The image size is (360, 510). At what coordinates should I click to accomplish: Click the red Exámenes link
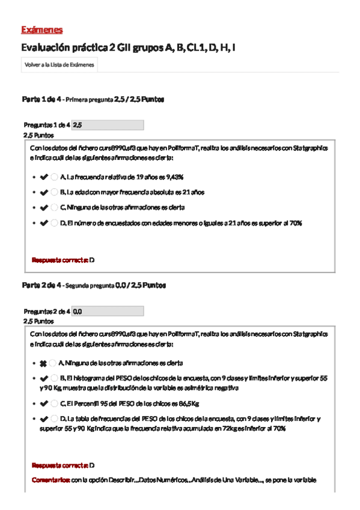click(41, 30)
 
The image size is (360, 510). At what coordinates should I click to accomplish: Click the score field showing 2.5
click(107, 125)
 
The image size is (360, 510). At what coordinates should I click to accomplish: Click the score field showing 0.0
click(107, 312)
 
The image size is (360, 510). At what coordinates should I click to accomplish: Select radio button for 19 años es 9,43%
click(55, 177)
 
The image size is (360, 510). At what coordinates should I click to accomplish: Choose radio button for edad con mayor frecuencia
click(55, 192)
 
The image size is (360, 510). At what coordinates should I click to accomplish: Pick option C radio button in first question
click(55, 207)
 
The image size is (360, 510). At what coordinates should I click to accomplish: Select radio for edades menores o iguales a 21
click(55, 223)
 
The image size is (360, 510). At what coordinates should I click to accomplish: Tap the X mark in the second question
click(43, 364)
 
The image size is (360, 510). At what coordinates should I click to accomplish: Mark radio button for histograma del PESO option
click(55, 378)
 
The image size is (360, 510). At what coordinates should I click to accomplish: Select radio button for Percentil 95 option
click(55, 404)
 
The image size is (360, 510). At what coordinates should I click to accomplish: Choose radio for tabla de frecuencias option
click(55, 419)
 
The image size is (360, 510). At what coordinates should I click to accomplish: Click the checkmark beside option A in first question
click(43, 177)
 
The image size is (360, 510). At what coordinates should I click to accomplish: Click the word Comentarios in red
click(50, 480)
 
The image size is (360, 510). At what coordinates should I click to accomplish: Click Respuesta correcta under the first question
click(59, 260)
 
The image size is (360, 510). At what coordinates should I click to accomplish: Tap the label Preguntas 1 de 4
click(46, 125)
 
